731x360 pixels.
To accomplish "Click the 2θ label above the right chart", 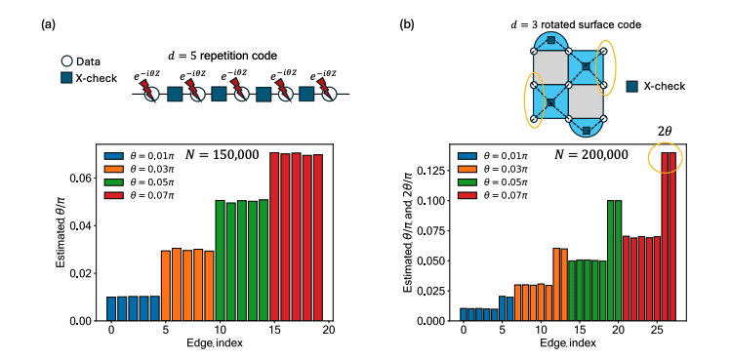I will [x=667, y=129].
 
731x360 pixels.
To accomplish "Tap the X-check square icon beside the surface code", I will [x=631, y=86].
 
